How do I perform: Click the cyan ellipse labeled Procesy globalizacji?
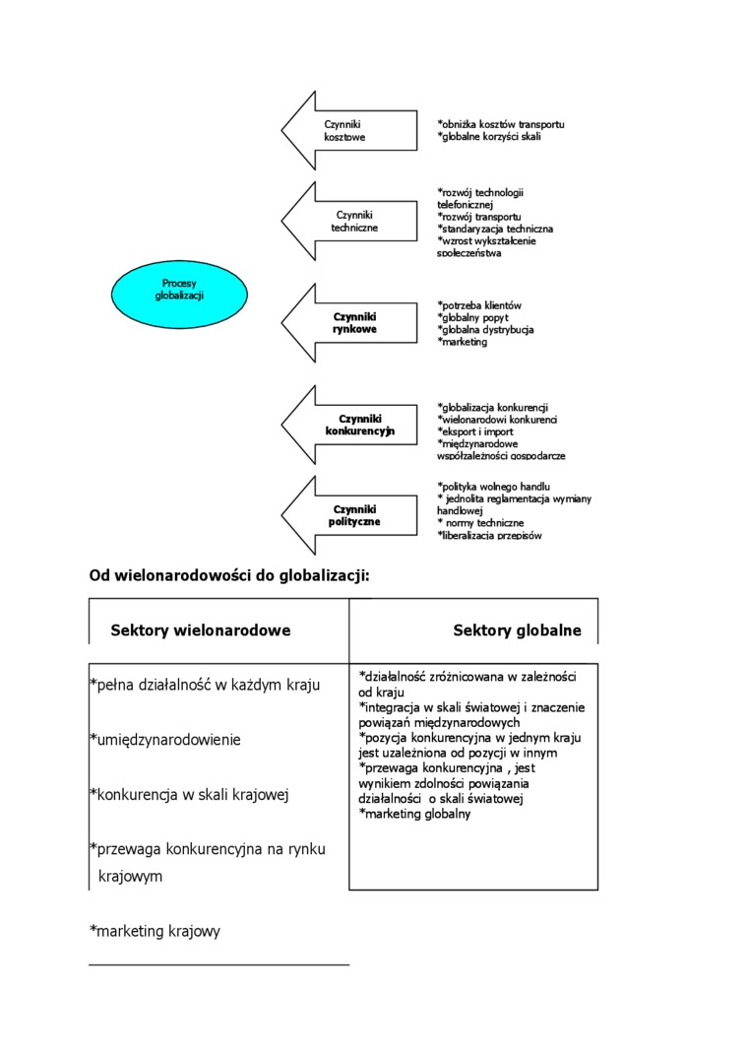coord(179,289)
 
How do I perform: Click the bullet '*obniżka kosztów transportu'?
coord(500,124)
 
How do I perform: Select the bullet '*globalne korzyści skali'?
coord(488,136)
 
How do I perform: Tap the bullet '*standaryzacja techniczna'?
coord(494,229)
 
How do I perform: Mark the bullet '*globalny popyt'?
coord(471,318)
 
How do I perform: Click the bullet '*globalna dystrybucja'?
coord(485,330)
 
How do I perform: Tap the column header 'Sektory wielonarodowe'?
coord(201,630)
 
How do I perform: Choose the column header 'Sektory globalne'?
coord(517,630)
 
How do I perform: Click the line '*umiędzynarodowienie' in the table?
coord(164,739)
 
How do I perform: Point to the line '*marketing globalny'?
coord(414,814)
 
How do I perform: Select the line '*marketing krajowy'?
coord(155,931)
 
